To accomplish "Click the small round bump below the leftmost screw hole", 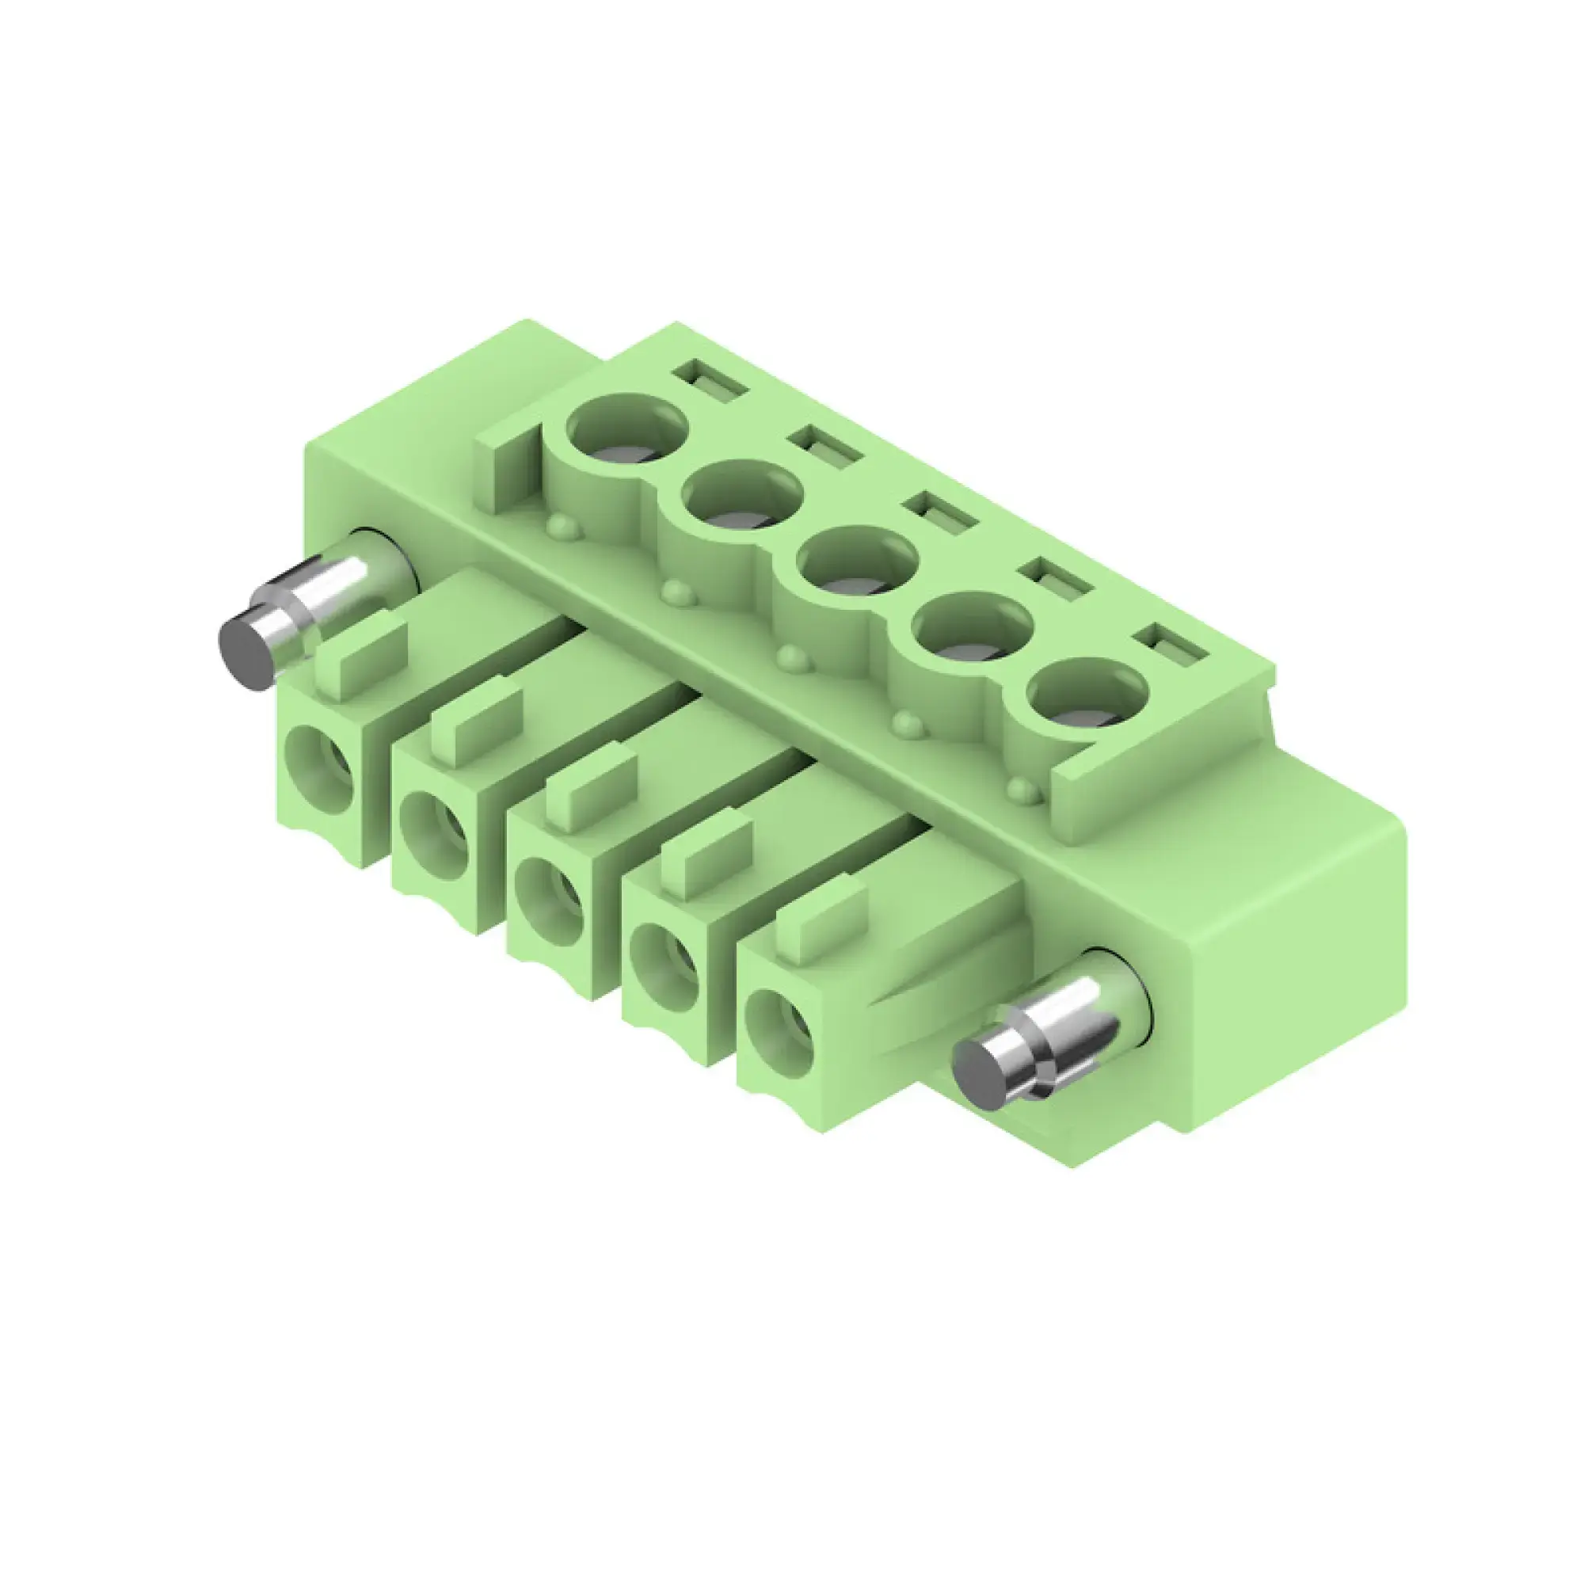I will tap(563, 527).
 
